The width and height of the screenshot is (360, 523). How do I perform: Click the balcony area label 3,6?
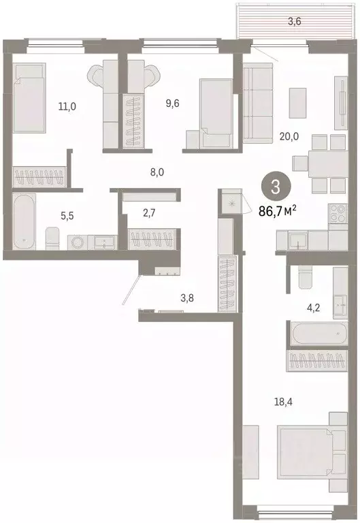(x=294, y=21)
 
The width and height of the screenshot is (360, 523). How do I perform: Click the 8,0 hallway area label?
(x=157, y=172)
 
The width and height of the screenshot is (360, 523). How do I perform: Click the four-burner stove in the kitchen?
(x=338, y=215)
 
